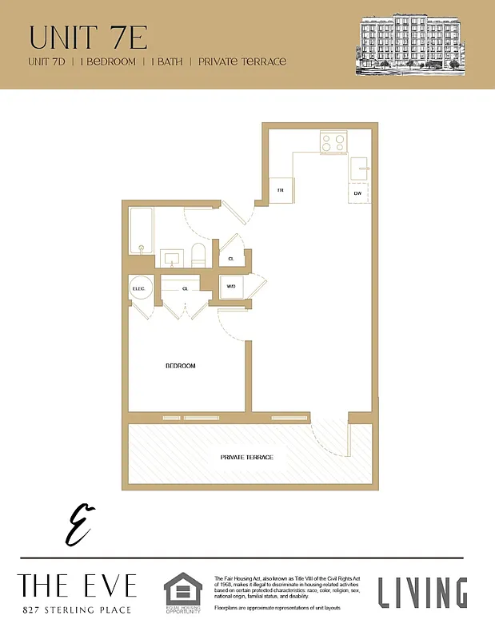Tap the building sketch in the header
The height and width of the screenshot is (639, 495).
pos(410,45)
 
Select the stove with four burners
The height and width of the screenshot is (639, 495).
pos(333,142)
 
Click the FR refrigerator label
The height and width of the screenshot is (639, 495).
pos(281,191)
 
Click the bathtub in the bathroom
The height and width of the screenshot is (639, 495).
pos(141,230)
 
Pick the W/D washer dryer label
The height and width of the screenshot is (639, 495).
pos(231,286)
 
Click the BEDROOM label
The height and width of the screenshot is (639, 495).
pos(180,366)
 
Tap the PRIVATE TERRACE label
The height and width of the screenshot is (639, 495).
pos(247,457)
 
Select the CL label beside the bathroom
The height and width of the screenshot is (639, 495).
pos(231,259)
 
